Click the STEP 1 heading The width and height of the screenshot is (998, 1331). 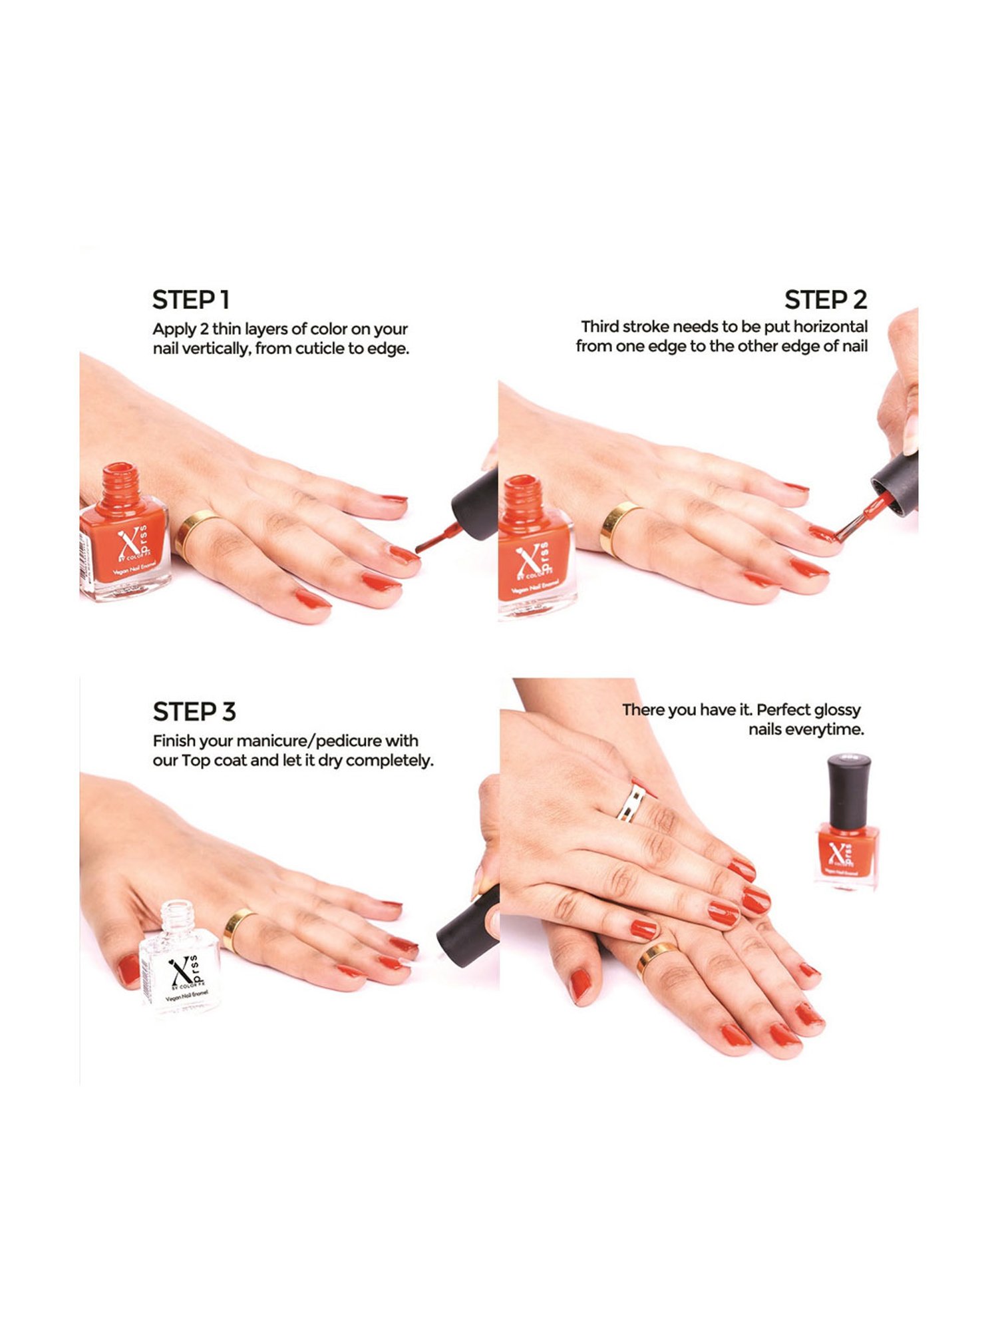(x=191, y=300)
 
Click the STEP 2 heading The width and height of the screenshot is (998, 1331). (x=825, y=300)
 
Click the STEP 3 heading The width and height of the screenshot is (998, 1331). (x=194, y=712)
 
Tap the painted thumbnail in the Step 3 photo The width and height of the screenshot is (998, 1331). (x=128, y=970)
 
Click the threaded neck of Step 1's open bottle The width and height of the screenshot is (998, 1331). (x=121, y=483)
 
